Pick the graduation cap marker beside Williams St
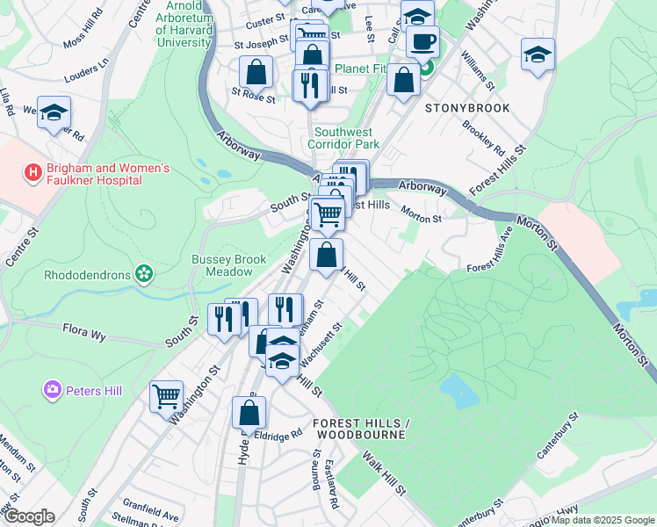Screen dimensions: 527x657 point(537,54)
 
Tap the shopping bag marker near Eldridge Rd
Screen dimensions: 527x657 point(249,412)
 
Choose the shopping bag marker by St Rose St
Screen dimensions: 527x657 point(256,71)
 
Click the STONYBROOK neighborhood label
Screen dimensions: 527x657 point(466,109)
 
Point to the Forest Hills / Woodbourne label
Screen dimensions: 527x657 point(360,429)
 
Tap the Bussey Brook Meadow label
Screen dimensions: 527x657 point(222,265)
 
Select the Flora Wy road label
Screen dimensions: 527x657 point(84,333)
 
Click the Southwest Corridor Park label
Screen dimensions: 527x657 point(346,138)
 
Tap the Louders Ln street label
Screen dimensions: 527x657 point(85,65)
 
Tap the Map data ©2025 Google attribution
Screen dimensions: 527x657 point(603,520)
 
